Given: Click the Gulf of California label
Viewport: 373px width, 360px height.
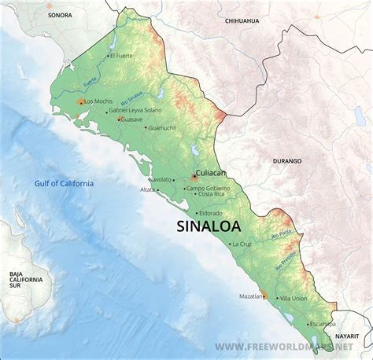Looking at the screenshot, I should click(64, 183).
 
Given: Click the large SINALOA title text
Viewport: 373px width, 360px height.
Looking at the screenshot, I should click(205, 227).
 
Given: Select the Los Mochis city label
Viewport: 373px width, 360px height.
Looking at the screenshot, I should click(98, 101).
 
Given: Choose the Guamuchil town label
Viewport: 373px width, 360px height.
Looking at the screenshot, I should click(162, 127).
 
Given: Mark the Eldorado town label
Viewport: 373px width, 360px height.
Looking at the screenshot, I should click(211, 213).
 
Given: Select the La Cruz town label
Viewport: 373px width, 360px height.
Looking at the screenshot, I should click(243, 244).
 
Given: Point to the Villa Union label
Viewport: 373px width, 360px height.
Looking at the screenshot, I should click(294, 299).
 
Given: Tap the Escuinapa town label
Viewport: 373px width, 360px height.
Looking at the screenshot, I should click(323, 323).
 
